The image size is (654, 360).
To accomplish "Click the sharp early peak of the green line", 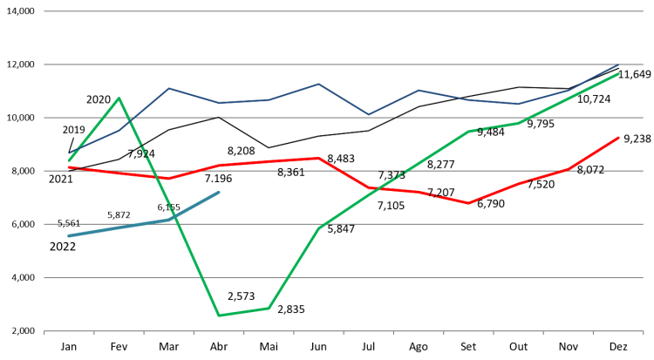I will coord(119,98).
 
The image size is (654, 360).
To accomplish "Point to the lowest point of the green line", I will coord(218,316).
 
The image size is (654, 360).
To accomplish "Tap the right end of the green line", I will coord(619,74).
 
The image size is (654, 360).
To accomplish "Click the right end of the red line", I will coord(619,137).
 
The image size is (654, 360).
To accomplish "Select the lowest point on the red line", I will coord(468,203).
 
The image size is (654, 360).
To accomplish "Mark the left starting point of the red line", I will coord(69,166).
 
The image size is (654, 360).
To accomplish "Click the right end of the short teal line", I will coord(218,193).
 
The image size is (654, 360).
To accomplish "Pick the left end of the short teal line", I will coord(69,235).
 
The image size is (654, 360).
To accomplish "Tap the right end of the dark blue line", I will coord(619,65).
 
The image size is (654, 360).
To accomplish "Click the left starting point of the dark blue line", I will coord(69,154).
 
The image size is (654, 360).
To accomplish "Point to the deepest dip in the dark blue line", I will coord(368,115).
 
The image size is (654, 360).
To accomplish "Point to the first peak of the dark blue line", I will coord(168,88).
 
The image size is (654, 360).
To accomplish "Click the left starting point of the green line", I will coord(69,160).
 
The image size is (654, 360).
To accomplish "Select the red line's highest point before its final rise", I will coord(319,158).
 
